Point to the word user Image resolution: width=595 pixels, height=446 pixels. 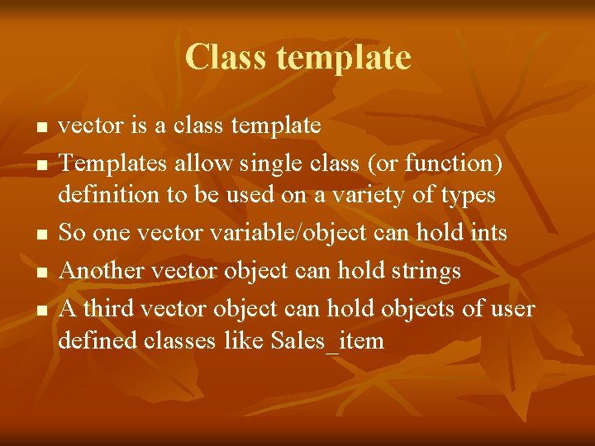point(511,309)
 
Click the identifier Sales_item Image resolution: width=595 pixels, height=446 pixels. point(327,340)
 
